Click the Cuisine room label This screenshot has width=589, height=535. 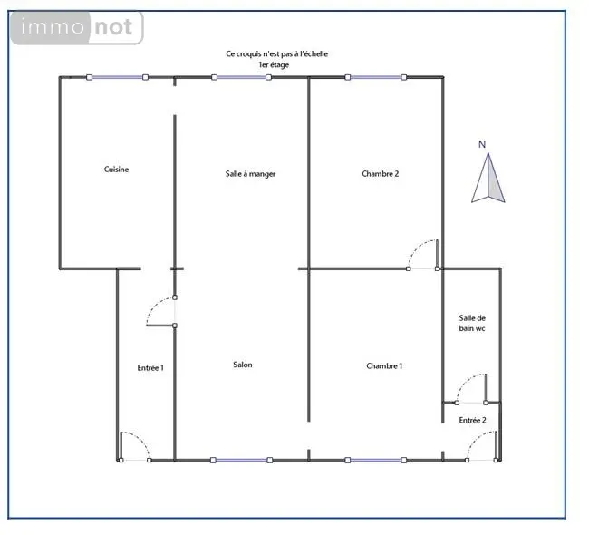117,170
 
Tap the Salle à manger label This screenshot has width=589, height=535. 250,174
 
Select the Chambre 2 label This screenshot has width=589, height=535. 381,174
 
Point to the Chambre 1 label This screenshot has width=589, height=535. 384,365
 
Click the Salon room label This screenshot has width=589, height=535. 243,365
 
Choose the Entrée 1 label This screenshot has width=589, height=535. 150,367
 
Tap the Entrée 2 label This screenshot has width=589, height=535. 472,421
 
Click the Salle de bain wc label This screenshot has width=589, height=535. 472,324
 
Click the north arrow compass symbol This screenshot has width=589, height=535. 488,178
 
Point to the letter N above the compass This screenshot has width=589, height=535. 482,144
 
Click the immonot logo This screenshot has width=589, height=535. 77,28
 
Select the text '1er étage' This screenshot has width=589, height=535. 274,64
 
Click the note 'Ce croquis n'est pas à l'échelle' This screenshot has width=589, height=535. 277,53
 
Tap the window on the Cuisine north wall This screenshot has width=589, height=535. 117,77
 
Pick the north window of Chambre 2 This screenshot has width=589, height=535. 376,77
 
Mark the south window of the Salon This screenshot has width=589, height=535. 241,460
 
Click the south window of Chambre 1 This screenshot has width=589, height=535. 376,460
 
